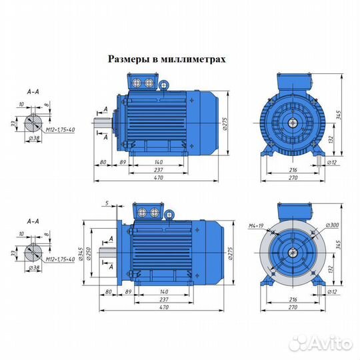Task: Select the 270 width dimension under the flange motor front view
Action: click(x=291, y=309)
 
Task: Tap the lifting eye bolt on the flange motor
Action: click(x=171, y=215)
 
